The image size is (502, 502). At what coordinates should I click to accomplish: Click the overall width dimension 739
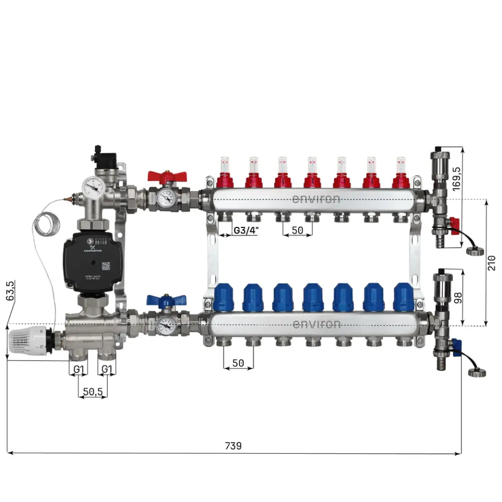(x=233, y=445)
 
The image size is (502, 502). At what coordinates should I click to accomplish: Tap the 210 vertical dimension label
(x=491, y=263)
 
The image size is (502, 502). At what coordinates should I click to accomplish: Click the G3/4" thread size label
(x=245, y=230)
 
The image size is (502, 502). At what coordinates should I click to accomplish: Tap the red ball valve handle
(x=167, y=176)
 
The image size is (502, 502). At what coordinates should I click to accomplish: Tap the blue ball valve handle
(x=166, y=301)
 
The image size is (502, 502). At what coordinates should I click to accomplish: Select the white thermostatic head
(x=28, y=343)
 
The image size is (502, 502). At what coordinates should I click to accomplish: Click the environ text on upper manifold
(x=316, y=199)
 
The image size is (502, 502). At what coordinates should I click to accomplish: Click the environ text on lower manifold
(x=316, y=324)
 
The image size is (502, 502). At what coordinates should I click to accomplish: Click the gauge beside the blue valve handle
(x=166, y=325)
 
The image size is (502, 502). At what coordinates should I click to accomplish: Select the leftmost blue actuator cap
(x=223, y=297)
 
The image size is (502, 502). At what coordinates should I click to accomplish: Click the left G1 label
(x=78, y=369)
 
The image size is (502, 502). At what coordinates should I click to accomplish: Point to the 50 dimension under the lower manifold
(x=238, y=362)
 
